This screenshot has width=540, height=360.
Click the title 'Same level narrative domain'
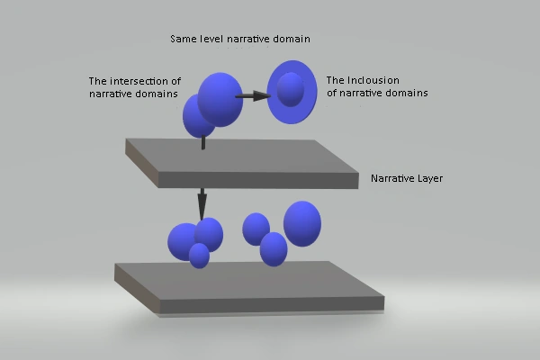click(239, 40)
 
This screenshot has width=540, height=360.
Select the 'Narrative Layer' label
click(406, 178)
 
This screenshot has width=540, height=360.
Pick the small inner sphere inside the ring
click(290, 90)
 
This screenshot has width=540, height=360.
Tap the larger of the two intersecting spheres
click(221, 99)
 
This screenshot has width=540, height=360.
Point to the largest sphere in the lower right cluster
click(302, 223)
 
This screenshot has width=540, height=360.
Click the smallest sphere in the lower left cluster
click(199, 256)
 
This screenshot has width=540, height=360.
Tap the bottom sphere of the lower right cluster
click(274, 248)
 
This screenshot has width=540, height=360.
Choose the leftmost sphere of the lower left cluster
click(182, 240)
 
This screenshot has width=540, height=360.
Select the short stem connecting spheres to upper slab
click(202, 141)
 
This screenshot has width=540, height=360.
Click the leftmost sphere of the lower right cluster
click(256, 229)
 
